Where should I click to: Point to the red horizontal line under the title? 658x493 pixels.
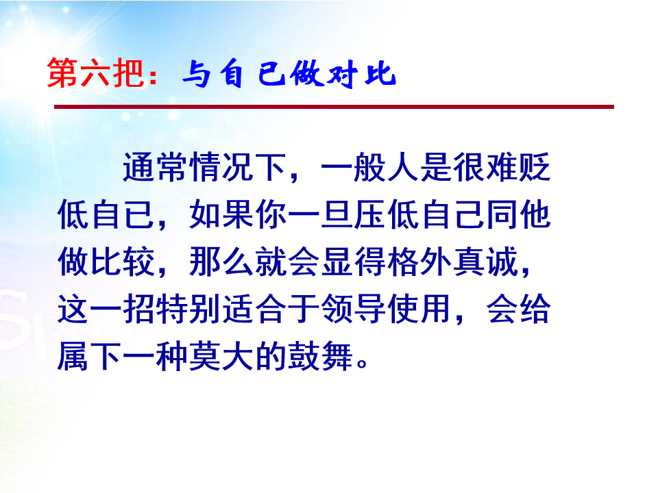tap(334, 107)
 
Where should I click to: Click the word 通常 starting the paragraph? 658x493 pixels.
tap(156, 167)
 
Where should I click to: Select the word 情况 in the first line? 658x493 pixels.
tap(221, 167)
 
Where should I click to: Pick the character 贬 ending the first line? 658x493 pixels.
tap(534, 167)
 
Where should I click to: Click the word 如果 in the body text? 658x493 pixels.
tap(221, 214)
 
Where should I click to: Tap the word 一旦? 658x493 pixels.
tap(320, 214)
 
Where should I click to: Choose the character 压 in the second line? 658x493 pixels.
tap(369, 214)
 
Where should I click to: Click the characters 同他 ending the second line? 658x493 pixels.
tap(518, 214)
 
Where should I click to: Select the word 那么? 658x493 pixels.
tap(221, 262)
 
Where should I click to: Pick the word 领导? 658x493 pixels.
tap(353, 309)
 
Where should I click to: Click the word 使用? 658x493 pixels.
tap(419, 309)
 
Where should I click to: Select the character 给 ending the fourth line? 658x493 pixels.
tap(534, 309)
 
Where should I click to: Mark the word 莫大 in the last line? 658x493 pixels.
tap(221, 356)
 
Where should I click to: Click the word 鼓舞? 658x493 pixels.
tap(320, 356)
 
